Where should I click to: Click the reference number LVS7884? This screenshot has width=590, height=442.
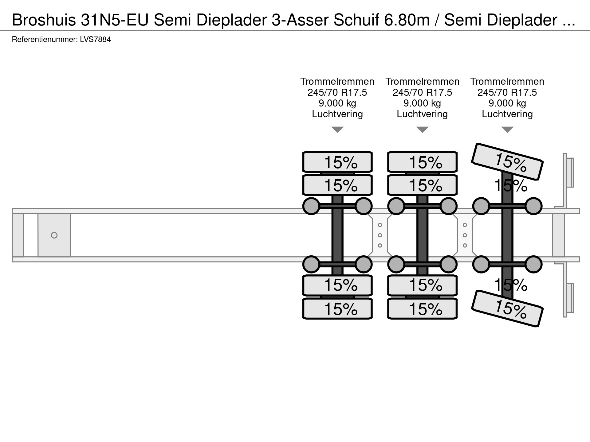click(95, 40)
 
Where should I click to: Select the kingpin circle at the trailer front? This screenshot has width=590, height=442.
click(54, 235)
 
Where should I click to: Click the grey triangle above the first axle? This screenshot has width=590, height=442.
click(337, 130)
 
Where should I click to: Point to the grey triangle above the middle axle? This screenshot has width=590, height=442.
click(422, 130)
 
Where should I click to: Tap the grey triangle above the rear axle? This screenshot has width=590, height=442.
click(507, 130)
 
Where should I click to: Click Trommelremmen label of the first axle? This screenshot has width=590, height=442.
click(337, 82)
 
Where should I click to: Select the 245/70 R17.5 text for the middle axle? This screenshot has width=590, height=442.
click(422, 92)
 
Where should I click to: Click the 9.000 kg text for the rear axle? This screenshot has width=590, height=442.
click(507, 103)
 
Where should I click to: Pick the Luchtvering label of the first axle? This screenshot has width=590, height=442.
click(337, 114)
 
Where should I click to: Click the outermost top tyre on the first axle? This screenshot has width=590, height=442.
click(337, 162)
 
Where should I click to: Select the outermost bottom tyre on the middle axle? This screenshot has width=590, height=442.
click(422, 308)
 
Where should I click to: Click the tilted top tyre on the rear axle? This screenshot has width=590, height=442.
click(507, 161)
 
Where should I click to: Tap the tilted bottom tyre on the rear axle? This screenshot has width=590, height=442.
click(507, 308)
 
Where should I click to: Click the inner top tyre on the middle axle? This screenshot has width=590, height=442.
click(422, 185)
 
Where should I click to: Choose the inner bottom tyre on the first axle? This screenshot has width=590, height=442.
click(337, 285)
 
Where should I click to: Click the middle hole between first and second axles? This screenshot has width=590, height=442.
click(380, 235)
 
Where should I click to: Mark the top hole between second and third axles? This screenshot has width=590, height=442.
click(465, 225)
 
